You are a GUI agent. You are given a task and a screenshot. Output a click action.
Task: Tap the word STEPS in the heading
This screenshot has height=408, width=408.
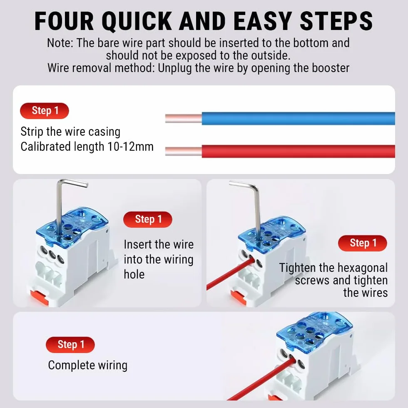[336, 21]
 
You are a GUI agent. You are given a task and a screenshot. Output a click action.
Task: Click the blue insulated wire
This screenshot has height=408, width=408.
[298, 118]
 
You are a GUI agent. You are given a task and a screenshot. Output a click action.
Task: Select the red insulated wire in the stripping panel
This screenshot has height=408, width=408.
[298, 151]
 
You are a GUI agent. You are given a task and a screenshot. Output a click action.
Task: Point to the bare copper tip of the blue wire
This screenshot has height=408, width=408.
[184, 118]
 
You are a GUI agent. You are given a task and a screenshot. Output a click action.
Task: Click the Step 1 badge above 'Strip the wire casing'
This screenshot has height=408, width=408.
[45, 111]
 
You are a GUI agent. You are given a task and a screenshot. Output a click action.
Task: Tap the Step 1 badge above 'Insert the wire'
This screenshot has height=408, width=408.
[148, 219]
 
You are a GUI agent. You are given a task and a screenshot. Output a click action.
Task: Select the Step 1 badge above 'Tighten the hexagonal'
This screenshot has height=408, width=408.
[363, 243]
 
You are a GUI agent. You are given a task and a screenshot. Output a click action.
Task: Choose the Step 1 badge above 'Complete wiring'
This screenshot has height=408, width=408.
[70, 345]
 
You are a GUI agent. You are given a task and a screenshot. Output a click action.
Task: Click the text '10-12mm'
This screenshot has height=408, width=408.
[130, 147]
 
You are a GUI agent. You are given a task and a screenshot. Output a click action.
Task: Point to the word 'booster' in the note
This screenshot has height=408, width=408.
[331, 68]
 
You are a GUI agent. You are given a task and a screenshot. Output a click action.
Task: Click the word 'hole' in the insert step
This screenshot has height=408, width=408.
[134, 274]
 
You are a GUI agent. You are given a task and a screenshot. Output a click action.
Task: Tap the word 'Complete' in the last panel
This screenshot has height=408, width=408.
[69, 366]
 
